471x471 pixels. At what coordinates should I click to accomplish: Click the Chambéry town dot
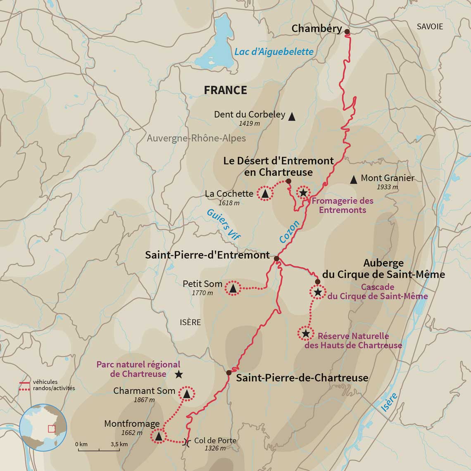coord(347,32)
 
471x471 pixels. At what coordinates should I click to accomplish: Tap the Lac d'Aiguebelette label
coord(274,52)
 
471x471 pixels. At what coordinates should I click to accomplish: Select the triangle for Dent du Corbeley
coord(292,117)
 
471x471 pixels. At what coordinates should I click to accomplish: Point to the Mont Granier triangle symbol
coord(353,180)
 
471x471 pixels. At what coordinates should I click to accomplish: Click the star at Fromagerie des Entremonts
coord(303,193)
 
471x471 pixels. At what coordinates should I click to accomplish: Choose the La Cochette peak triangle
coord(265,193)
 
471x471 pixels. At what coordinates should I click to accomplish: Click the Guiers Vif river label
coord(223,223)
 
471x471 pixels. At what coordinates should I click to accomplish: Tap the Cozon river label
coord(289,232)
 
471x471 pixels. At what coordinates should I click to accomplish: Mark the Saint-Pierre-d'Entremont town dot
coord(277,259)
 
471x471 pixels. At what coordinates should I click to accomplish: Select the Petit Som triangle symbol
coord(233,288)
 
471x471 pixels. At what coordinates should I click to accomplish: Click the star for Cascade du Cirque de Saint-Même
coord(318,293)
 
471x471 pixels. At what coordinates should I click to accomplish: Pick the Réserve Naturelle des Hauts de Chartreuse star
coord(305,333)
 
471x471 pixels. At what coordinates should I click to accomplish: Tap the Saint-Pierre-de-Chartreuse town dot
coord(229,373)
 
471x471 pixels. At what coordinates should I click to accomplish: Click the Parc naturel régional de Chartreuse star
coord(178,374)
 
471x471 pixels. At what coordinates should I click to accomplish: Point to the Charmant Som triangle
coord(187,394)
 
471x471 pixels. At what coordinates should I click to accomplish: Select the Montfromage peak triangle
coord(158,436)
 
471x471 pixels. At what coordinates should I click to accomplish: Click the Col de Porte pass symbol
coord(187,442)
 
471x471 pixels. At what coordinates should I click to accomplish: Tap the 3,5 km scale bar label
coord(119,444)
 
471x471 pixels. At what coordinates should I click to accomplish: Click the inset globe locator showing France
coord(43,427)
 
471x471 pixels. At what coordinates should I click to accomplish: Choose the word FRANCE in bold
coord(226,90)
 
